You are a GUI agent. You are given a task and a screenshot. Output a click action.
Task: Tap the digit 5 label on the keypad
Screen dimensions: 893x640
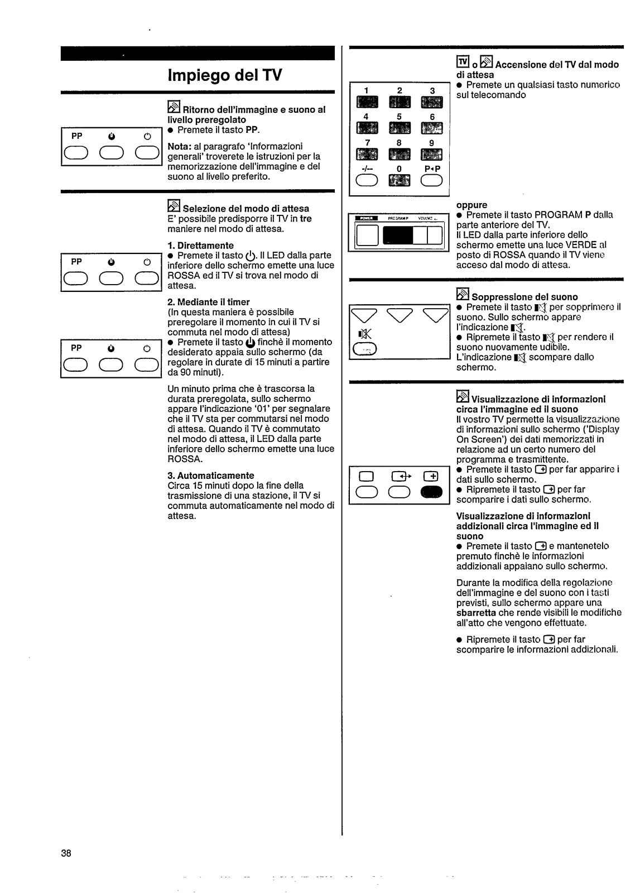399,117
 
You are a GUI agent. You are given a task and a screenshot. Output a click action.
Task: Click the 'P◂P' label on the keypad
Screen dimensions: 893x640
432,167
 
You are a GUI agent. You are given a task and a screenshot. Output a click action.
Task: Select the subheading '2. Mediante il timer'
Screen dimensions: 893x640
208,302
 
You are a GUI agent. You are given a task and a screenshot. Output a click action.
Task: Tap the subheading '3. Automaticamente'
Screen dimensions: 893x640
210,476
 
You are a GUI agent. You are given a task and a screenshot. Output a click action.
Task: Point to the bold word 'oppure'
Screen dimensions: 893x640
471,205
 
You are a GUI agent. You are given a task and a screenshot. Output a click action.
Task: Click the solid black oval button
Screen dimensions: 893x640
432,491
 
